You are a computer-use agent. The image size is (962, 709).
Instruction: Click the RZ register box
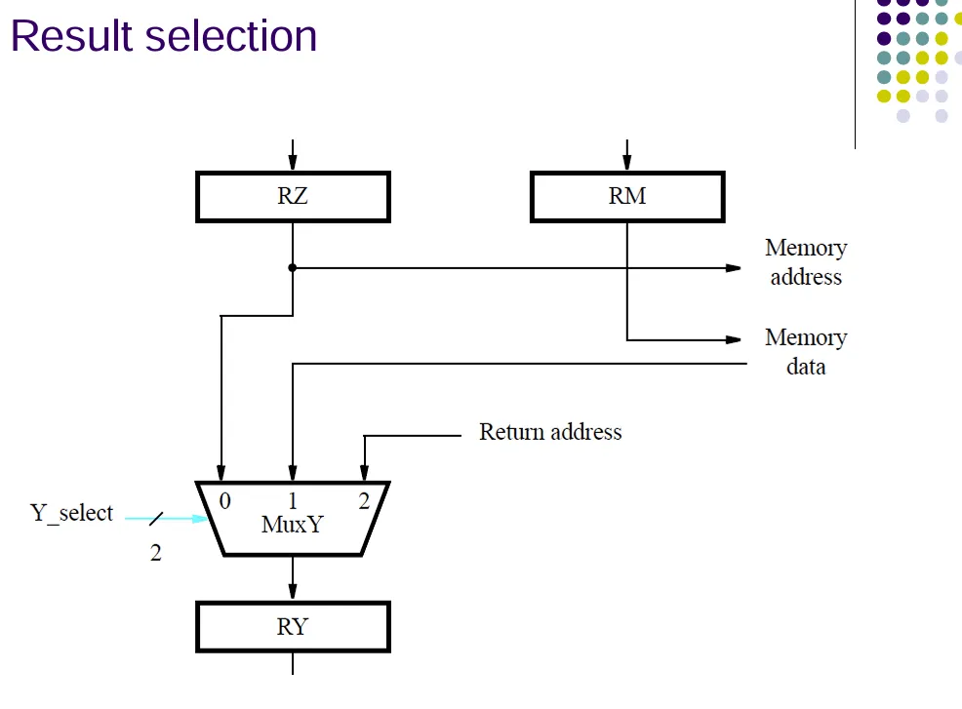(x=293, y=196)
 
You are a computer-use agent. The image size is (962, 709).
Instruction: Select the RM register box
(x=627, y=196)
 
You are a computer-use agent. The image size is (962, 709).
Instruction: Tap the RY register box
(x=293, y=627)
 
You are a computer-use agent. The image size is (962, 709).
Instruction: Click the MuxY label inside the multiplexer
(x=292, y=525)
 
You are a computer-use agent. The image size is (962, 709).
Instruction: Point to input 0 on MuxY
(x=225, y=501)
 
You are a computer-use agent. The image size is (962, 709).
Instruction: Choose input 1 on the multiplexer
(x=293, y=501)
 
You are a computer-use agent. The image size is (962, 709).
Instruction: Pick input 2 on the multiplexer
(x=364, y=501)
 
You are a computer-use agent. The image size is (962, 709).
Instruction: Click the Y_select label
(x=72, y=513)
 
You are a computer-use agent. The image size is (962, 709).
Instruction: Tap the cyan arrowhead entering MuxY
(x=200, y=518)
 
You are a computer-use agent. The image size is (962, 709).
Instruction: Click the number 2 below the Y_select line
(x=156, y=553)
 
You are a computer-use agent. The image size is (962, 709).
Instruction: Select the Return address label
(x=550, y=432)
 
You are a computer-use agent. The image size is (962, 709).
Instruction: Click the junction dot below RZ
(x=293, y=267)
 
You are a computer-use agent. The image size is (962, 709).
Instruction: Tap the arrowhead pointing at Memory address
(x=733, y=267)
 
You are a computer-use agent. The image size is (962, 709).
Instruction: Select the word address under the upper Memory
(x=806, y=277)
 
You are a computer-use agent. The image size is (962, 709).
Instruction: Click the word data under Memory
(x=806, y=367)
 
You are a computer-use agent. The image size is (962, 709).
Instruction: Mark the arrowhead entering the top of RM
(x=627, y=162)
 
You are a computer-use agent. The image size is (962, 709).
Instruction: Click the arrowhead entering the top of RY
(x=293, y=592)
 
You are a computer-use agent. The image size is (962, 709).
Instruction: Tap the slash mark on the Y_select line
(x=156, y=518)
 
